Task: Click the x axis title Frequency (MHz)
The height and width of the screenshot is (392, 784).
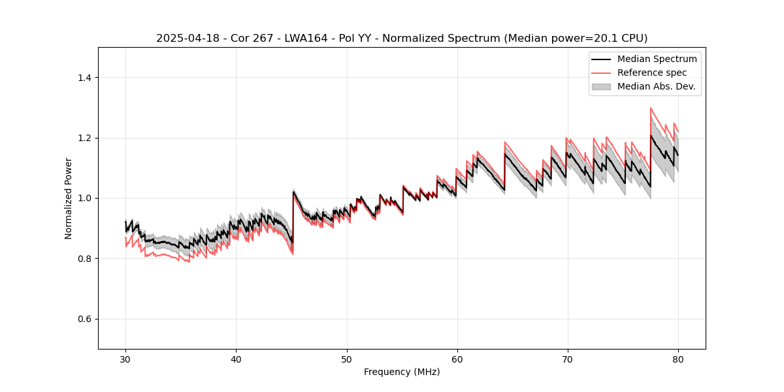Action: (x=402, y=372)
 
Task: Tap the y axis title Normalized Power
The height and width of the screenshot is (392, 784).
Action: (x=68, y=198)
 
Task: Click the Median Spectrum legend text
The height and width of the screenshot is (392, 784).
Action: (x=657, y=59)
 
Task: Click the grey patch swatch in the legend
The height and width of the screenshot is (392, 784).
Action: (x=601, y=86)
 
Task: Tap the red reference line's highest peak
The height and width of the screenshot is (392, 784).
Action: (x=651, y=108)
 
